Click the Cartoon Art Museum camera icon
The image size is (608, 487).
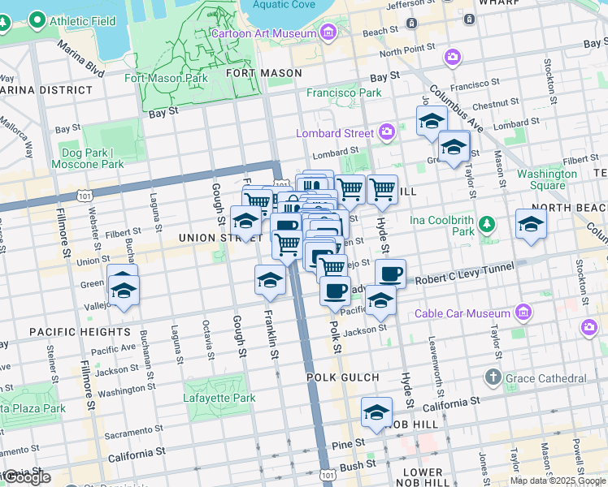click(x=328, y=32)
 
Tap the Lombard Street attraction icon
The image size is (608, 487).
click(x=386, y=131)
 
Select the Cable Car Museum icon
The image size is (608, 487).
click(x=523, y=313)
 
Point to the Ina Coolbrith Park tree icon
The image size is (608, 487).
click(x=487, y=223)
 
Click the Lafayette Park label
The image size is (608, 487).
click(x=219, y=398)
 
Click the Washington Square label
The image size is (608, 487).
click(x=546, y=179)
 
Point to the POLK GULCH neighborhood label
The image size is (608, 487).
click(x=343, y=377)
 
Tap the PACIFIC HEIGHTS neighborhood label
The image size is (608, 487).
click(x=68, y=332)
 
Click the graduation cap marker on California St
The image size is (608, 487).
click(x=376, y=413)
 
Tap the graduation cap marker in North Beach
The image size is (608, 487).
click(x=531, y=225)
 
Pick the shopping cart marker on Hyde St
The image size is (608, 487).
click(x=382, y=189)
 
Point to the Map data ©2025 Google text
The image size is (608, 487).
click(x=557, y=481)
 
